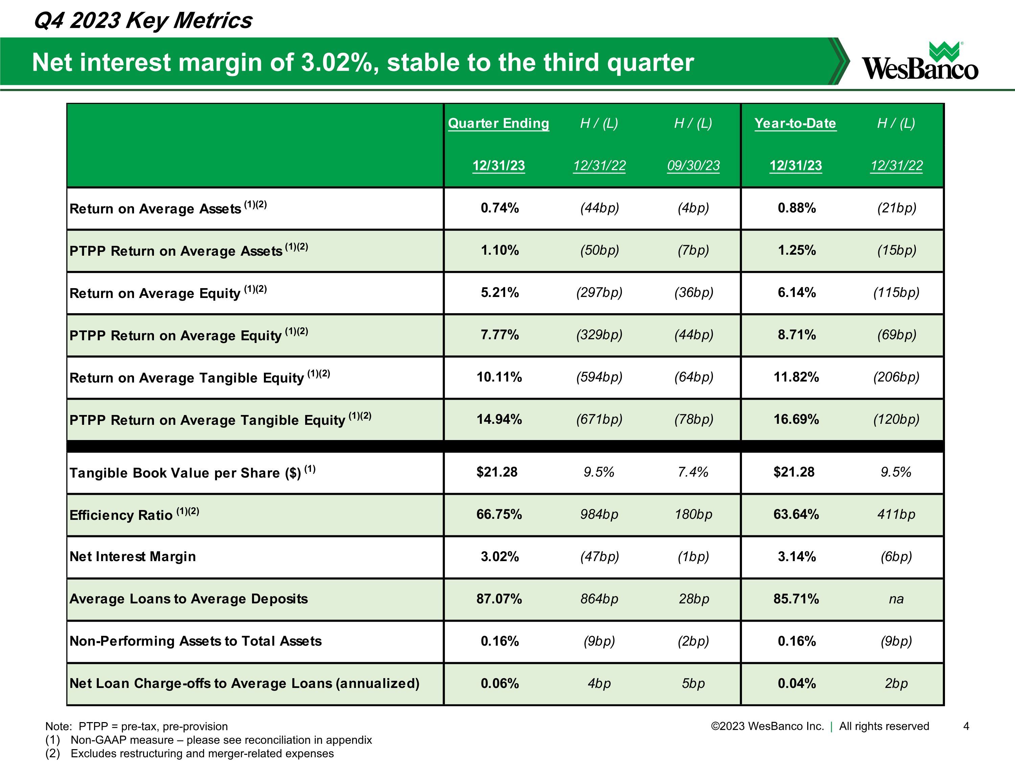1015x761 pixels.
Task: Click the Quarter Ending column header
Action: click(498, 123)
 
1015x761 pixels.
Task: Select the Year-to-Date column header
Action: click(795, 123)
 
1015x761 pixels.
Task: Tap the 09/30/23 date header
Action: click(693, 166)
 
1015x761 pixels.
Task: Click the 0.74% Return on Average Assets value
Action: click(500, 208)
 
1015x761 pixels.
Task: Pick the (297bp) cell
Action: click(599, 293)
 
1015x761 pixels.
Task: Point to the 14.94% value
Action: click(499, 419)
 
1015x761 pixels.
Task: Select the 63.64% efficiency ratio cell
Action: click(796, 514)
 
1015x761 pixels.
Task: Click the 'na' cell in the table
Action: click(896, 599)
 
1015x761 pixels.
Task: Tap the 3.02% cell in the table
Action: click(500, 557)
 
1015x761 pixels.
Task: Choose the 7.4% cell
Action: click(693, 472)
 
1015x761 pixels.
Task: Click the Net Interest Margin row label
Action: click(133, 557)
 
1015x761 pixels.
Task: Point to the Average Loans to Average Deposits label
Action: click(188, 599)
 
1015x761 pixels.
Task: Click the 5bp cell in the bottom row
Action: click(693, 684)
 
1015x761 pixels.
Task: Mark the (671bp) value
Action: click(599, 419)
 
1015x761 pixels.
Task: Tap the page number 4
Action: click(966, 726)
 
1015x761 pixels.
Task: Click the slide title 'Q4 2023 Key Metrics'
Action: click(143, 21)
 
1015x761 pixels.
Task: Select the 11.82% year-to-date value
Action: click(796, 377)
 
